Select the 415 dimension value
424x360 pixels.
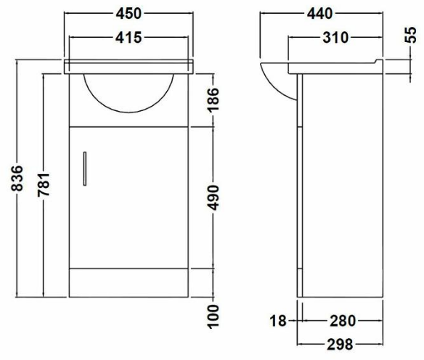pyautogui.click(x=129, y=36)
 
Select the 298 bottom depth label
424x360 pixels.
pyautogui.click(x=341, y=343)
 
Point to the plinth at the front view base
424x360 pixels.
pyautogui.click(x=129, y=283)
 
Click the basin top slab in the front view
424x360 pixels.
pyautogui.click(x=129, y=65)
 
